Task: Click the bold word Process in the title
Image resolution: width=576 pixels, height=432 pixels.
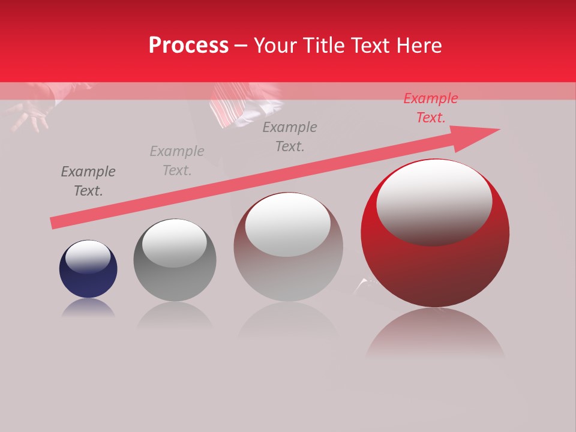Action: (x=188, y=46)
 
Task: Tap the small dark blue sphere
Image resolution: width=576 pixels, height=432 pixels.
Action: (x=88, y=269)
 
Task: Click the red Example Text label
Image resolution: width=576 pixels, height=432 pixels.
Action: (x=430, y=108)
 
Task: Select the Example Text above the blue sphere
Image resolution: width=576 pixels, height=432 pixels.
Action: (x=88, y=181)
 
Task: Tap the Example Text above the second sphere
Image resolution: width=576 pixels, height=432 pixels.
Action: (x=177, y=161)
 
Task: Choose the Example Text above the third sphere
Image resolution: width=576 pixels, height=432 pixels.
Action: (x=290, y=136)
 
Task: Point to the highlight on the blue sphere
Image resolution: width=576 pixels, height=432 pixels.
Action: (x=88, y=257)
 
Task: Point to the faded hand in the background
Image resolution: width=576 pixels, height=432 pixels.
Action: (x=30, y=114)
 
